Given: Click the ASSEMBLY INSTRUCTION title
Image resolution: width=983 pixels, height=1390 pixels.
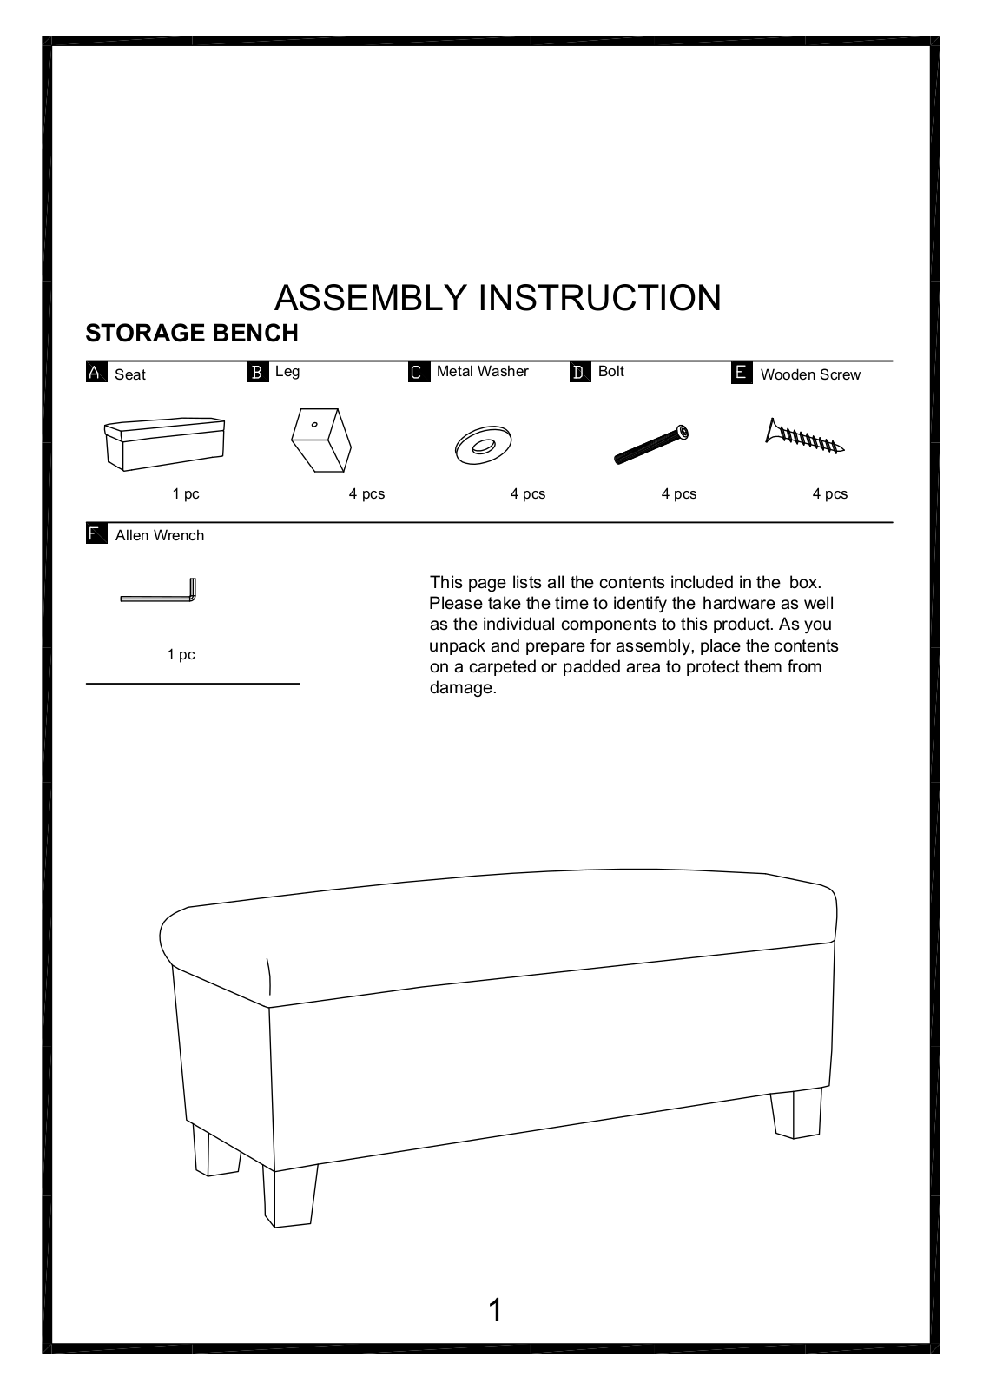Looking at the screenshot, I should tap(498, 298).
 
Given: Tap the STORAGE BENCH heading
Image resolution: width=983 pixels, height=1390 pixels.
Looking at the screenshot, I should tap(192, 334).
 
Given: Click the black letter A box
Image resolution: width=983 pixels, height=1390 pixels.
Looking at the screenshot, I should tap(96, 373).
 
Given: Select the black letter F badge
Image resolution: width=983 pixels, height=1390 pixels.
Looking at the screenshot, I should tap(96, 533).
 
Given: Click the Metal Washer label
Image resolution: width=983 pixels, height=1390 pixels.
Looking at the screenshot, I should tap(482, 372).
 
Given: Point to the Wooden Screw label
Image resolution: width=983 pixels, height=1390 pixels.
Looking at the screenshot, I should tap(809, 374).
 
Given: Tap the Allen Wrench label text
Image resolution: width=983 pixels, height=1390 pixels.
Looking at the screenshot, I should tap(160, 536).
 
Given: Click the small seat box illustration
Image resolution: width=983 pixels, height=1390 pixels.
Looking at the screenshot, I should tap(164, 445).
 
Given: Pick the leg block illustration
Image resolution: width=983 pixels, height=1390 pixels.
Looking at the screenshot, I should tap(320, 438).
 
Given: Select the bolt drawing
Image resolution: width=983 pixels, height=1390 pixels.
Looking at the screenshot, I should tap(652, 444).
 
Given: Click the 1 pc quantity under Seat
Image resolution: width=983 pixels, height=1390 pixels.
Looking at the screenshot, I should tap(186, 494).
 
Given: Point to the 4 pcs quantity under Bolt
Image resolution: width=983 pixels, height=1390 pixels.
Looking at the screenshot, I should tap(678, 494).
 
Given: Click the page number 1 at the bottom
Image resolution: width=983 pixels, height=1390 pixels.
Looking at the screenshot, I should tap(495, 1310).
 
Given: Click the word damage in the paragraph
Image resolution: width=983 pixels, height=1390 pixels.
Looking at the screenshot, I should tap(462, 688).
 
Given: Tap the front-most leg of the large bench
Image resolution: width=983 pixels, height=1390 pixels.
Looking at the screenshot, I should tap(290, 1195).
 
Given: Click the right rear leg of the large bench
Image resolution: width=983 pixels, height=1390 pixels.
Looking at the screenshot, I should tap(795, 1114).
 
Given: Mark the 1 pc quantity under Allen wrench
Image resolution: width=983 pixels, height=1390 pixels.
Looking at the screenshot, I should tap(181, 655).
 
